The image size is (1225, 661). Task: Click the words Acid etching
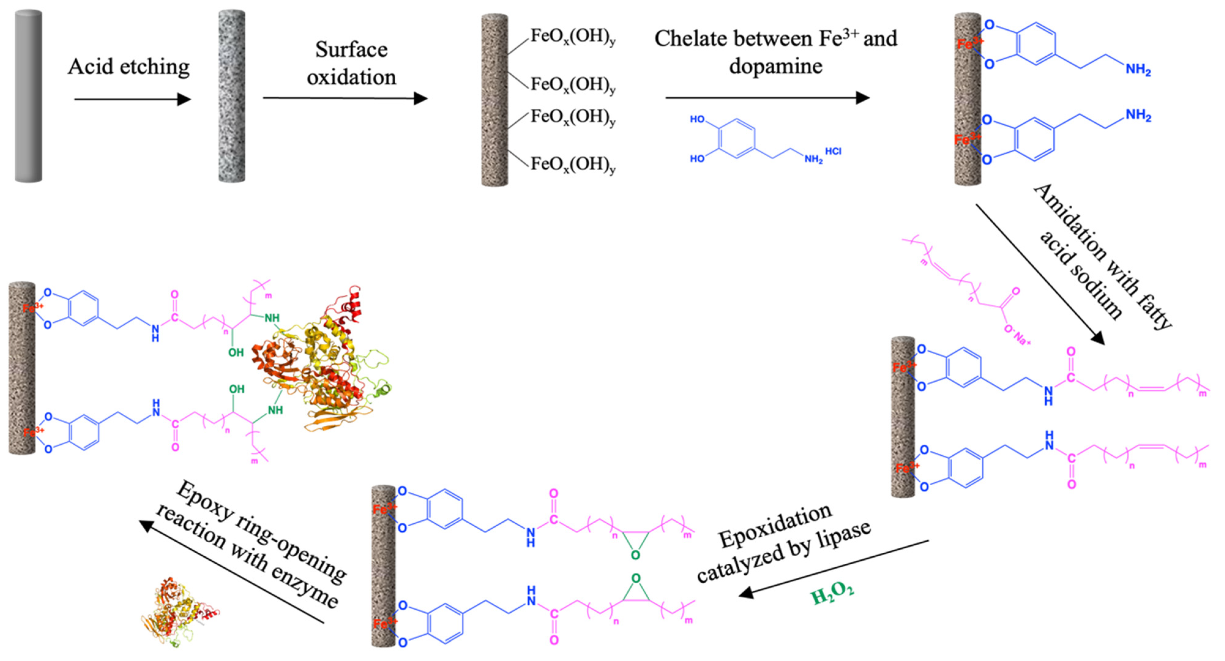[x=129, y=67]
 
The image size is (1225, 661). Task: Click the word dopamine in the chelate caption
[x=775, y=66]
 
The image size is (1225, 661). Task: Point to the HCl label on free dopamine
[x=833, y=151]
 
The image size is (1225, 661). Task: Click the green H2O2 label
[x=831, y=594]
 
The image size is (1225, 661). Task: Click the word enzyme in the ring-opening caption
[x=304, y=590]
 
